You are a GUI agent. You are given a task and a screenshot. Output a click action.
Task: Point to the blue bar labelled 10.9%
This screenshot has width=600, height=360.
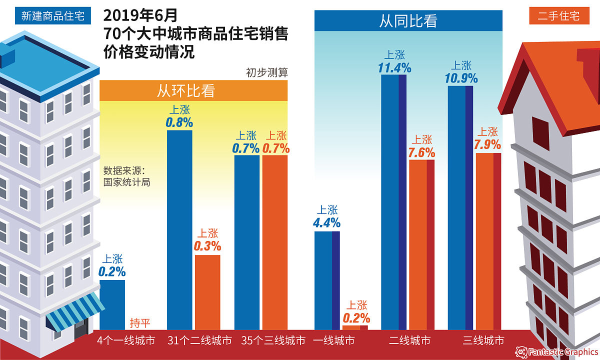click(x=460, y=207)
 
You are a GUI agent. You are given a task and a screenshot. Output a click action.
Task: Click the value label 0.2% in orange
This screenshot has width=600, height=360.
click(x=356, y=318)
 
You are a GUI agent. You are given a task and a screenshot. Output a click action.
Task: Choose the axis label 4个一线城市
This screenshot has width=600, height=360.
click(x=126, y=341)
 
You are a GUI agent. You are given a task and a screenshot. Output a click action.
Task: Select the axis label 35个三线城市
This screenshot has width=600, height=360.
click(x=273, y=341)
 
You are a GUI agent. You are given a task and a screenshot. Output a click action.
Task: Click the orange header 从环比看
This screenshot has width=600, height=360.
click(x=193, y=91)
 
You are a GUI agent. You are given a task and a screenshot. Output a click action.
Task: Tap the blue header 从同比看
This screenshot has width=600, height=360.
click(x=408, y=21)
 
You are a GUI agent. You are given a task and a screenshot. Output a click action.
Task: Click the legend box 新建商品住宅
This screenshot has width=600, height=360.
click(x=52, y=16)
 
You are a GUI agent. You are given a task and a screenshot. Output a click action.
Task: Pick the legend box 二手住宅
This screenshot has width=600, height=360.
click(x=558, y=16)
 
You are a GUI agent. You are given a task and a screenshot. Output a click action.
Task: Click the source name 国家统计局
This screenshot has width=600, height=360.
click(x=126, y=182)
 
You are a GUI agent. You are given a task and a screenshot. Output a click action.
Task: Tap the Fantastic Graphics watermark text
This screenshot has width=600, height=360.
click(x=561, y=352)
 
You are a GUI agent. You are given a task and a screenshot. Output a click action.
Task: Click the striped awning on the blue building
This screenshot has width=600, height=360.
click(x=75, y=310)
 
